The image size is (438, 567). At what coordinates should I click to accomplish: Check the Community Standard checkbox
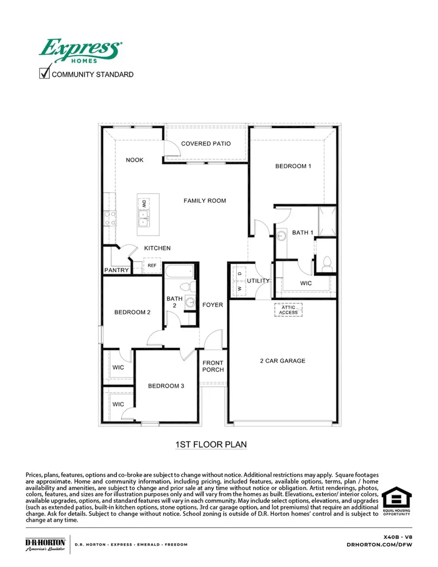45,73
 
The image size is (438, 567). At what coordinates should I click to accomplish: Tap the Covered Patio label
206,144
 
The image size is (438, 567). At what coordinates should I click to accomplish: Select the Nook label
135,160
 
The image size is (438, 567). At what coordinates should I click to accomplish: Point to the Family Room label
204,201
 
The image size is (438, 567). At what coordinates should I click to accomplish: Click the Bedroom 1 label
293,166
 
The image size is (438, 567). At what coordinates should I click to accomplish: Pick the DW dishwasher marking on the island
144,204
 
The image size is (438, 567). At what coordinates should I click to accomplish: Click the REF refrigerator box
152,265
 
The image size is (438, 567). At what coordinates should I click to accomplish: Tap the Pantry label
117,270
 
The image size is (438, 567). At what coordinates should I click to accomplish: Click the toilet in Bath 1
327,263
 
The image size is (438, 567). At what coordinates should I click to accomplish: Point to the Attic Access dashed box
288,310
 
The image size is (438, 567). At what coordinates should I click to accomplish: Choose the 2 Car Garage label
282,361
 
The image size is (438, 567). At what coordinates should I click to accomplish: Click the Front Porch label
213,366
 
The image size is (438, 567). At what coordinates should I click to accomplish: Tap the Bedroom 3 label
166,386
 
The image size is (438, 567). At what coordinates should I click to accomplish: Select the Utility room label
258,281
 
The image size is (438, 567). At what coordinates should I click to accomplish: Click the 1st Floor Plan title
211,444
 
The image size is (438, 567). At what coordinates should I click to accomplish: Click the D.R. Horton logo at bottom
45,544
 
